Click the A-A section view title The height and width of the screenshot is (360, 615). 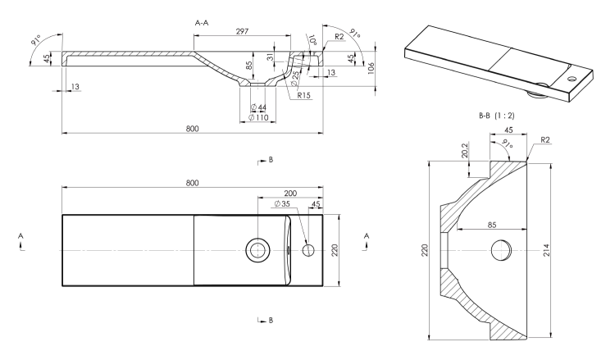click(x=202, y=23)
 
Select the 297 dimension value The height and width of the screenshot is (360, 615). click(x=242, y=31)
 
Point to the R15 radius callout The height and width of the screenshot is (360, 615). click(x=303, y=95)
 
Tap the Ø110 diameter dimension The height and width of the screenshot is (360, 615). click(x=259, y=117)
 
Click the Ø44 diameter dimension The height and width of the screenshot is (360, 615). click(x=258, y=107)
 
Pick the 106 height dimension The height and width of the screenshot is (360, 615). click(x=371, y=68)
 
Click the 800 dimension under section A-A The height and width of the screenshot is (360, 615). click(x=192, y=129)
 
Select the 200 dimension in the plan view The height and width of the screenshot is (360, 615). click(x=290, y=194)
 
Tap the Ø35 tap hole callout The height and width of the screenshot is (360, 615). click(x=282, y=204)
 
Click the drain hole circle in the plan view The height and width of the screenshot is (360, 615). click(x=257, y=250)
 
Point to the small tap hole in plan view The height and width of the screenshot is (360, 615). click(x=308, y=250)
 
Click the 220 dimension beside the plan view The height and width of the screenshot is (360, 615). click(x=335, y=250)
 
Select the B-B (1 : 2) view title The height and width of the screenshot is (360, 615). click(x=496, y=116)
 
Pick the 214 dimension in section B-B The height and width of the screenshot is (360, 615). click(x=546, y=250)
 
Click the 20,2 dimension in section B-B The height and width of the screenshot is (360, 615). click(x=465, y=150)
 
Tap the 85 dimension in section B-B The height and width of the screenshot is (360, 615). click(x=492, y=225)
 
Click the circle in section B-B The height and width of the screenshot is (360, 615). click(x=502, y=250)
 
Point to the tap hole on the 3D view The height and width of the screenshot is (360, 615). click(x=572, y=79)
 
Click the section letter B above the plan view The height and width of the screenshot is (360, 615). click(x=271, y=160)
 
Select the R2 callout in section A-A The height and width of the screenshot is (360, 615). click(x=339, y=36)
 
